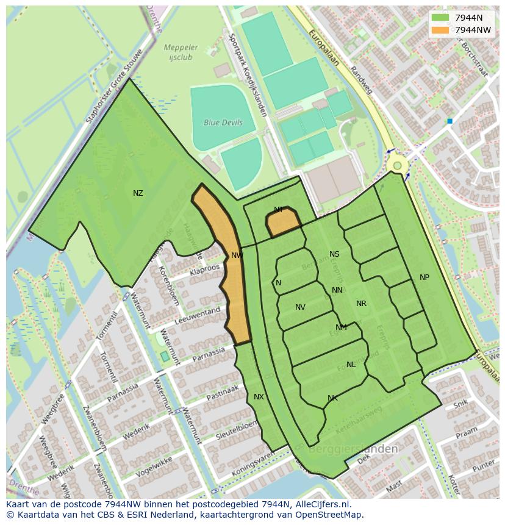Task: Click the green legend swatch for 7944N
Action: point(439,18)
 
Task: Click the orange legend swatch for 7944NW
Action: point(439,30)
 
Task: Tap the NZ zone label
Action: point(138,193)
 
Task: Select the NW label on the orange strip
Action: point(237,255)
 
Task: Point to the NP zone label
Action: point(424,277)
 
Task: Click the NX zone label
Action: point(259,397)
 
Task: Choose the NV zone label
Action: point(300,307)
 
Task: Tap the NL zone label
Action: point(351,365)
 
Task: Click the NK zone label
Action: point(332,398)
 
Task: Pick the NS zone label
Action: point(334,254)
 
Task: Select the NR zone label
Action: point(361,304)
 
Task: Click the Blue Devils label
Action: point(223,123)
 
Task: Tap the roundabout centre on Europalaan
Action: point(398,165)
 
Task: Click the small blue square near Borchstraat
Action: point(449,121)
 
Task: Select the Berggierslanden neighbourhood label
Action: point(353,449)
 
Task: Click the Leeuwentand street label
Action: point(197,314)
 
